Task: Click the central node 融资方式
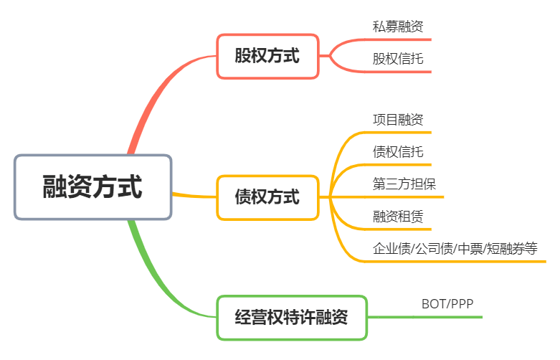(x=92, y=187)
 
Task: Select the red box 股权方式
(x=267, y=56)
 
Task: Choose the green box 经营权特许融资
(x=291, y=317)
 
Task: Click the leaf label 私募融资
(x=398, y=27)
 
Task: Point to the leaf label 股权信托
(x=398, y=58)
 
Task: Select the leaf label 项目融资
(x=398, y=119)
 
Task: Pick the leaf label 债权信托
(x=398, y=151)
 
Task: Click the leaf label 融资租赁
(x=398, y=215)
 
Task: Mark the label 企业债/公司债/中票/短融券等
(x=455, y=249)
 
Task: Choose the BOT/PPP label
(x=447, y=304)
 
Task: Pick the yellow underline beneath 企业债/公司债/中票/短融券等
(x=459, y=262)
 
